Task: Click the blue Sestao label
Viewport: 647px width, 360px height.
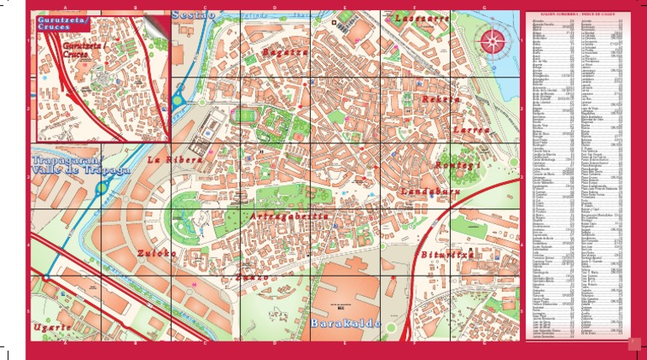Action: tap(194, 14)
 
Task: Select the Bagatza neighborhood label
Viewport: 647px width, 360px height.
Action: tap(284, 51)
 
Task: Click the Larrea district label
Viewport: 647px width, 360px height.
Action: tap(470, 131)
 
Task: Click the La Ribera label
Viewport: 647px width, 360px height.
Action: tap(174, 159)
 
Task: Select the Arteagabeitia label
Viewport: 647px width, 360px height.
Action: tap(290, 217)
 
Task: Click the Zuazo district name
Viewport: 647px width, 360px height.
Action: tap(253, 277)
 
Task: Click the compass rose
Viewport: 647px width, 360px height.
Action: tap(494, 39)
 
